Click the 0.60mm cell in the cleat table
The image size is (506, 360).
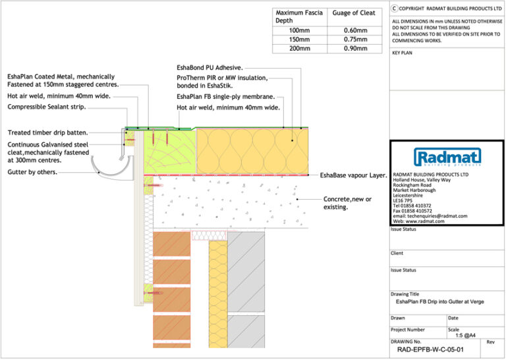click(355, 30)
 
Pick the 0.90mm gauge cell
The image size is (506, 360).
click(355, 49)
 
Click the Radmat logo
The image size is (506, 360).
click(447, 157)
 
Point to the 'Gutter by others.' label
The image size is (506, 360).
click(32, 172)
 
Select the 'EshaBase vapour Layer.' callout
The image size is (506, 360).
click(353, 175)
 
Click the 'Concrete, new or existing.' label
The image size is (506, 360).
click(347, 203)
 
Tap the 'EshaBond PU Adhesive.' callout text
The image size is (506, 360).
click(210, 67)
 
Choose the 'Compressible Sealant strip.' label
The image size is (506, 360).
click(49, 106)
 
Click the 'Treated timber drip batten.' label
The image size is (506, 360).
click(47, 133)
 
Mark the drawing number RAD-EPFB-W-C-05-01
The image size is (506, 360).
click(426, 350)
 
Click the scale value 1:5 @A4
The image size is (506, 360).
click(464, 336)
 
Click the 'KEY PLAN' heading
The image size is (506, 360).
click(402, 53)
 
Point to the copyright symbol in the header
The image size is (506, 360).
click(395, 9)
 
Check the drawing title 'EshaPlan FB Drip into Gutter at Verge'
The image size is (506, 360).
click(439, 301)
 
